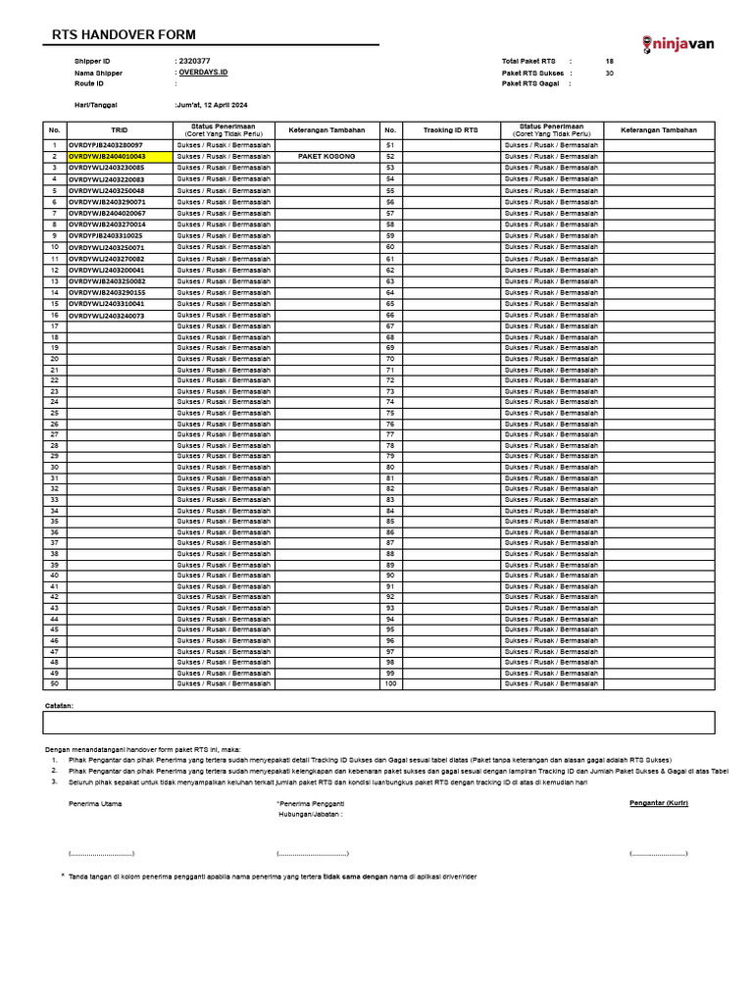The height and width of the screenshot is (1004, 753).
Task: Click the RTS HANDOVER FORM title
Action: point(124,34)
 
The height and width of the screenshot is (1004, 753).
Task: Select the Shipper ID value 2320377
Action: point(194,61)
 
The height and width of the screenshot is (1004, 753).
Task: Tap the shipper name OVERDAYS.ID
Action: point(203,73)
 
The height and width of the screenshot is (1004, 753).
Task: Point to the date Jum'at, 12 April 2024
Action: point(213,104)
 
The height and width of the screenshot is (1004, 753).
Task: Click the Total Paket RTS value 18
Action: point(609,61)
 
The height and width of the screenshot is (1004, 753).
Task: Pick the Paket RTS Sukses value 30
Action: point(609,73)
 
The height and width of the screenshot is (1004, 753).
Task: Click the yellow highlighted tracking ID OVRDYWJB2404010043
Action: point(107,156)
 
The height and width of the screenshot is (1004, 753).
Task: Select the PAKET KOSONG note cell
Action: point(326,156)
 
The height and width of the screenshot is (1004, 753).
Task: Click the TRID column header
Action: point(119,129)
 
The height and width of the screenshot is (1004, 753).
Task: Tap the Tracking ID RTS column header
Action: point(450,129)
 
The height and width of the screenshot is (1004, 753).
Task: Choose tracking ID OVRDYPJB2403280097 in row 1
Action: point(107,145)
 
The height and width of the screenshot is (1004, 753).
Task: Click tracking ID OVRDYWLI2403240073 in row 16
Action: point(107,316)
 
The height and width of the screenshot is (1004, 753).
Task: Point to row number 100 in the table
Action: point(389,683)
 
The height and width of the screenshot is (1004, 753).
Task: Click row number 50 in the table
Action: point(55,683)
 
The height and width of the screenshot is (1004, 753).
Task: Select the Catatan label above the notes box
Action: point(59,705)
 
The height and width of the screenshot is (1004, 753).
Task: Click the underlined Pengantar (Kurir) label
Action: point(658,803)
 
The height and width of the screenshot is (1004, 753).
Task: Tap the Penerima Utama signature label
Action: point(95,804)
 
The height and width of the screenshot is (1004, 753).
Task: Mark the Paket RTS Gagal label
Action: point(530,84)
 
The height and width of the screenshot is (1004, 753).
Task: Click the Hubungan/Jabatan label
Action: point(311,814)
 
